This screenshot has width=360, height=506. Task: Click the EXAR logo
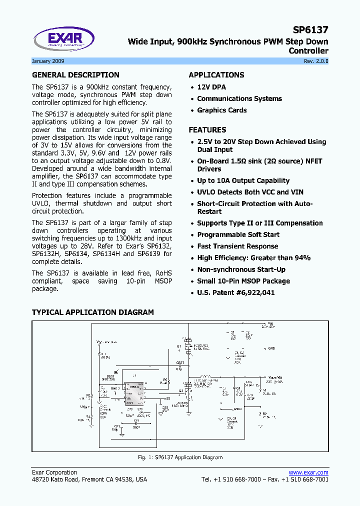coord(63,39)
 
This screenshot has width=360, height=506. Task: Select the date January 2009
coord(48,61)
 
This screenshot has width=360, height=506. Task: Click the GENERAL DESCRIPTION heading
coord(75,75)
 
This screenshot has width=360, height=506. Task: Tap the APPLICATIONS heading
coord(216,75)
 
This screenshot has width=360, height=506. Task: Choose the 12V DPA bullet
coord(211,87)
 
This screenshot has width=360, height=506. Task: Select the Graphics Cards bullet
coord(221,110)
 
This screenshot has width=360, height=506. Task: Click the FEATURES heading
coord(207,129)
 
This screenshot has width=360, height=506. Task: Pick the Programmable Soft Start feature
coord(238,234)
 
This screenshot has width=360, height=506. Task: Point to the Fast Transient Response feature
coord(237,246)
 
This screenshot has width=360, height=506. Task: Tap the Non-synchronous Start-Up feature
coord(241,269)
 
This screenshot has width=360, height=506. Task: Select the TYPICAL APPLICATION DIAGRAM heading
coord(93,312)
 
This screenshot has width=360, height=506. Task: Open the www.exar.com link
coord(308,472)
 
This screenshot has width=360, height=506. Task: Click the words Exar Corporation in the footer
coord(54,472)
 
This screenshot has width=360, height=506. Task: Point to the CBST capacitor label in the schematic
coord(180,362)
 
